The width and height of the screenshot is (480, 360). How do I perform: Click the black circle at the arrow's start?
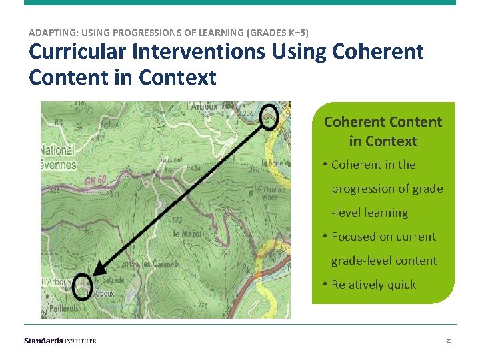269,117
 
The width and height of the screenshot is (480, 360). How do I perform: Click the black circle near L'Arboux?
82,286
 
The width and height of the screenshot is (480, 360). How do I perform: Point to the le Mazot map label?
187,234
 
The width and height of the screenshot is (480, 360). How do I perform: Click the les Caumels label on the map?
161,264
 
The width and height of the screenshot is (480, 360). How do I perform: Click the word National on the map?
58,151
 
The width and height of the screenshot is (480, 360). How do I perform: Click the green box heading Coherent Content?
383,131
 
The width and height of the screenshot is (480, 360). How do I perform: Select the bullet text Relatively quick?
373,285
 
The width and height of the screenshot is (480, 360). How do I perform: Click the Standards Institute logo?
60,341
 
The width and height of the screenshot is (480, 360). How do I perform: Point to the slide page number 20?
449,341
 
